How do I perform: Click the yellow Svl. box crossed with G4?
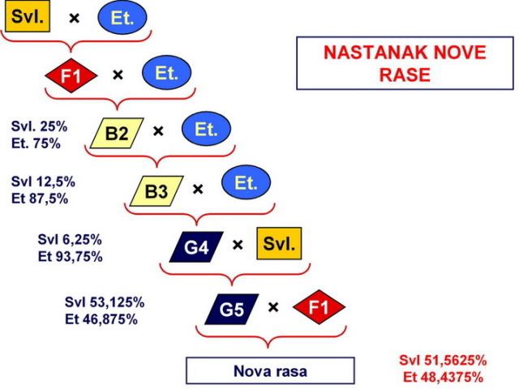[279, 243]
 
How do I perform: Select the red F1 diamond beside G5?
[319, 307]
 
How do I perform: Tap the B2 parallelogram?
[117, 133]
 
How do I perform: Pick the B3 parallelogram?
[157, 191]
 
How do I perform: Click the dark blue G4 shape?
[196, 246]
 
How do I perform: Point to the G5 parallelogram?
[232, 309]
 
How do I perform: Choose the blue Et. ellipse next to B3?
[246, 182]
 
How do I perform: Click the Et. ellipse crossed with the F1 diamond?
[167, 72]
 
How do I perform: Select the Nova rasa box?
[270, 370]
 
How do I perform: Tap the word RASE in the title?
[405, 75]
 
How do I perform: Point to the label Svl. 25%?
[39, 126]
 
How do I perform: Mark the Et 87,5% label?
[40, 199]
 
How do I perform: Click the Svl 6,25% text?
[70, 239]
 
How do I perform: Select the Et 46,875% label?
[101, 319]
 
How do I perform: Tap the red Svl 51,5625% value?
[443, 360]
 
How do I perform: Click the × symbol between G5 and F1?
[273, 308]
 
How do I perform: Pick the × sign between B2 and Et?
[158, 131]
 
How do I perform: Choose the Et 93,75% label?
[71, 256]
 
